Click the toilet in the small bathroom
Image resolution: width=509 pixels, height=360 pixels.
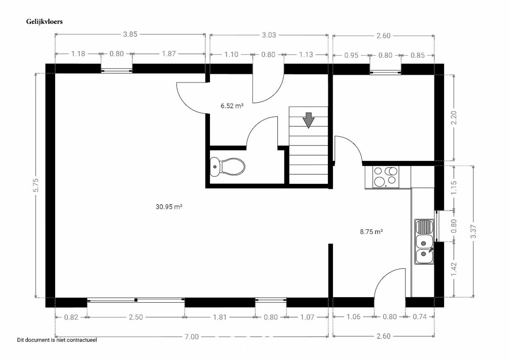pyautogui.click(x=227, y=167)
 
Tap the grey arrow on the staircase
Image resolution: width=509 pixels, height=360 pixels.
pyautogui.click(x=308, y=120)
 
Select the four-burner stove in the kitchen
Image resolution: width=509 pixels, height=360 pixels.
pyautogui.click(x=386, y=177)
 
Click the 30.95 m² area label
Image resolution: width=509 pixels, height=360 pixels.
pyautogui.click(x=169, y=207)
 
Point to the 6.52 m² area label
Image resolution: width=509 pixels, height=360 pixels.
pyautogui.click(x=232, y=106)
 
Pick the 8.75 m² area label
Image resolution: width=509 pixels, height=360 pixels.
pyautogui.click(x=371, y=232)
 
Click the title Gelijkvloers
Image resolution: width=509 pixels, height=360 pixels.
pyautogui.click(x=44, y=22)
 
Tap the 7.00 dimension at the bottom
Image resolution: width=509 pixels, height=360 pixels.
pyautogui.click(x=192, y=337)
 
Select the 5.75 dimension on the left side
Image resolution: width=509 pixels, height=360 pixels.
pyautogui.click(x=36, y=186)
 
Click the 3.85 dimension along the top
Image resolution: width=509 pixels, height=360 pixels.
pyautogui.click(x=130, y=34)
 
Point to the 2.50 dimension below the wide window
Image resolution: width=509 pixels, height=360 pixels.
pyautogui.click(x=136, y=317)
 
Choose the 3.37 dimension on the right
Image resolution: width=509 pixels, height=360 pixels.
pyautogui.click(x=473, y=231)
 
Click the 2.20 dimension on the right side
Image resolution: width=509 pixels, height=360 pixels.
pyautogui.click(x=454, y=118)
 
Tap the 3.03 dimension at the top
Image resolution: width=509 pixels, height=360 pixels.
pyautogui.click(x=269, y=35)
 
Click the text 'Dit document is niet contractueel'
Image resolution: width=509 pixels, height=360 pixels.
pyautogui.click(x=57, y=340)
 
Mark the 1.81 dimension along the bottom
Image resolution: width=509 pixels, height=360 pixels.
pyautogui.click(x=220, y=317)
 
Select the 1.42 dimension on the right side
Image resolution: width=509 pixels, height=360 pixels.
pyautogui.click(x=454, y=269)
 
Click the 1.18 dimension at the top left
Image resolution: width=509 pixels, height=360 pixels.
pyautogui.click(x=78, y=53)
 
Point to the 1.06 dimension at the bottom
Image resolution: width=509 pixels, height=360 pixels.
pyautogui.click(x=354, y=317)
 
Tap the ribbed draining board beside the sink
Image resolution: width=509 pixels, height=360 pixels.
pyautogui.click(x=424, y=227)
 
